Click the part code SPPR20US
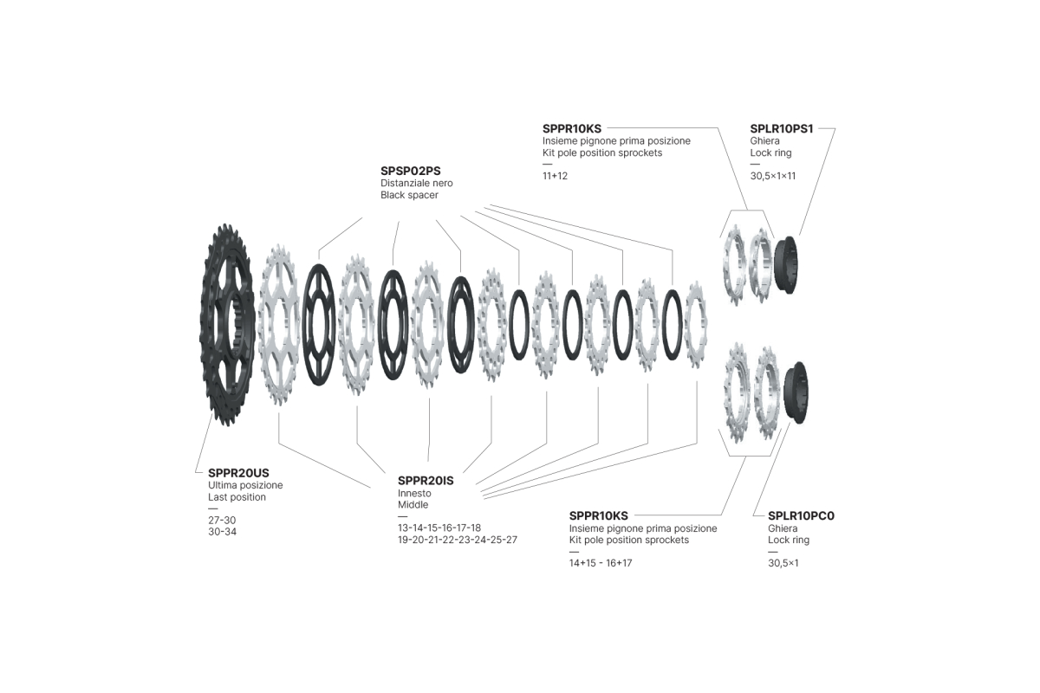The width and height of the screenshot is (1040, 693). [x=238, y=473]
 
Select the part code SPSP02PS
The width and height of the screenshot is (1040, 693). [x=411, y=171]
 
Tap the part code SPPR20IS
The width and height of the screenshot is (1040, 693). [x=426, y=481]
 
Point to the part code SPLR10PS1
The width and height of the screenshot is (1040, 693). [x=782, y=128]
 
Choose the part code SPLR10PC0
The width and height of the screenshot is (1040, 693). [x=801, y=515]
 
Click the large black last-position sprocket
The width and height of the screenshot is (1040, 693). [x=227, y=325]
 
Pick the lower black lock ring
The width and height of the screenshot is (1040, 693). [x=796, y=392]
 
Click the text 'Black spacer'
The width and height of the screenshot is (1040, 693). [x=409, y=195]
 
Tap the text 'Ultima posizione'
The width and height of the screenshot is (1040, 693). [x=245, y=485]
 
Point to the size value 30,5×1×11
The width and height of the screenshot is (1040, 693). [x=772, y=176]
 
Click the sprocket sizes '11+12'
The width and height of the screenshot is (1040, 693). [x=555, y=176]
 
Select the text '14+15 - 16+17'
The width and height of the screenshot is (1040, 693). [x=601, y=563]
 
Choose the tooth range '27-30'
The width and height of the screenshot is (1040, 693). [x=222, y=520]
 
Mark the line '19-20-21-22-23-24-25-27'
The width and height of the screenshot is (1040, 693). [x=458, y=540]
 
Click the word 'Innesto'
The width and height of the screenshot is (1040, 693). [x=414, y=494]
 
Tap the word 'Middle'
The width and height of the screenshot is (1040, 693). [x=413, y=504]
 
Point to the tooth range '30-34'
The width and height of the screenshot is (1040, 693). [x=222, y=532]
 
